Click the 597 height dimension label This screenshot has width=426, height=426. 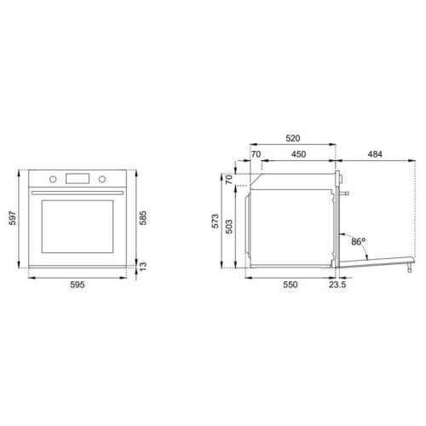tap(13, 218)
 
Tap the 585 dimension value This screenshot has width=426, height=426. tap(143, 218)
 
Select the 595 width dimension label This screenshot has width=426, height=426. tap(78, 285)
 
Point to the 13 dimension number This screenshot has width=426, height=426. tap(143, 266)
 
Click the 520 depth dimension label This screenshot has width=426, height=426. tap(293, 138)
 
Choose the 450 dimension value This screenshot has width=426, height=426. tap(298, 154)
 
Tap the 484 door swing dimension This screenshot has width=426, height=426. tap(375, 154)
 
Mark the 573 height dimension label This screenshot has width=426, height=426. tap(216, 221)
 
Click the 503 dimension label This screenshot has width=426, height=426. tap(229, 227)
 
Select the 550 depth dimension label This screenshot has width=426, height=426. tap(291, 285)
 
